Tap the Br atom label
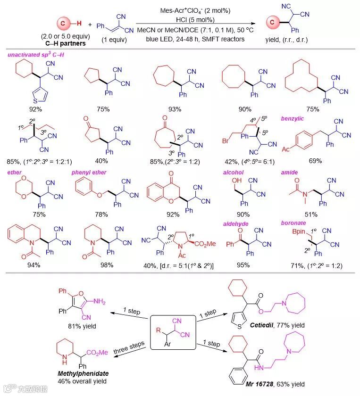(x=226, y=141)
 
